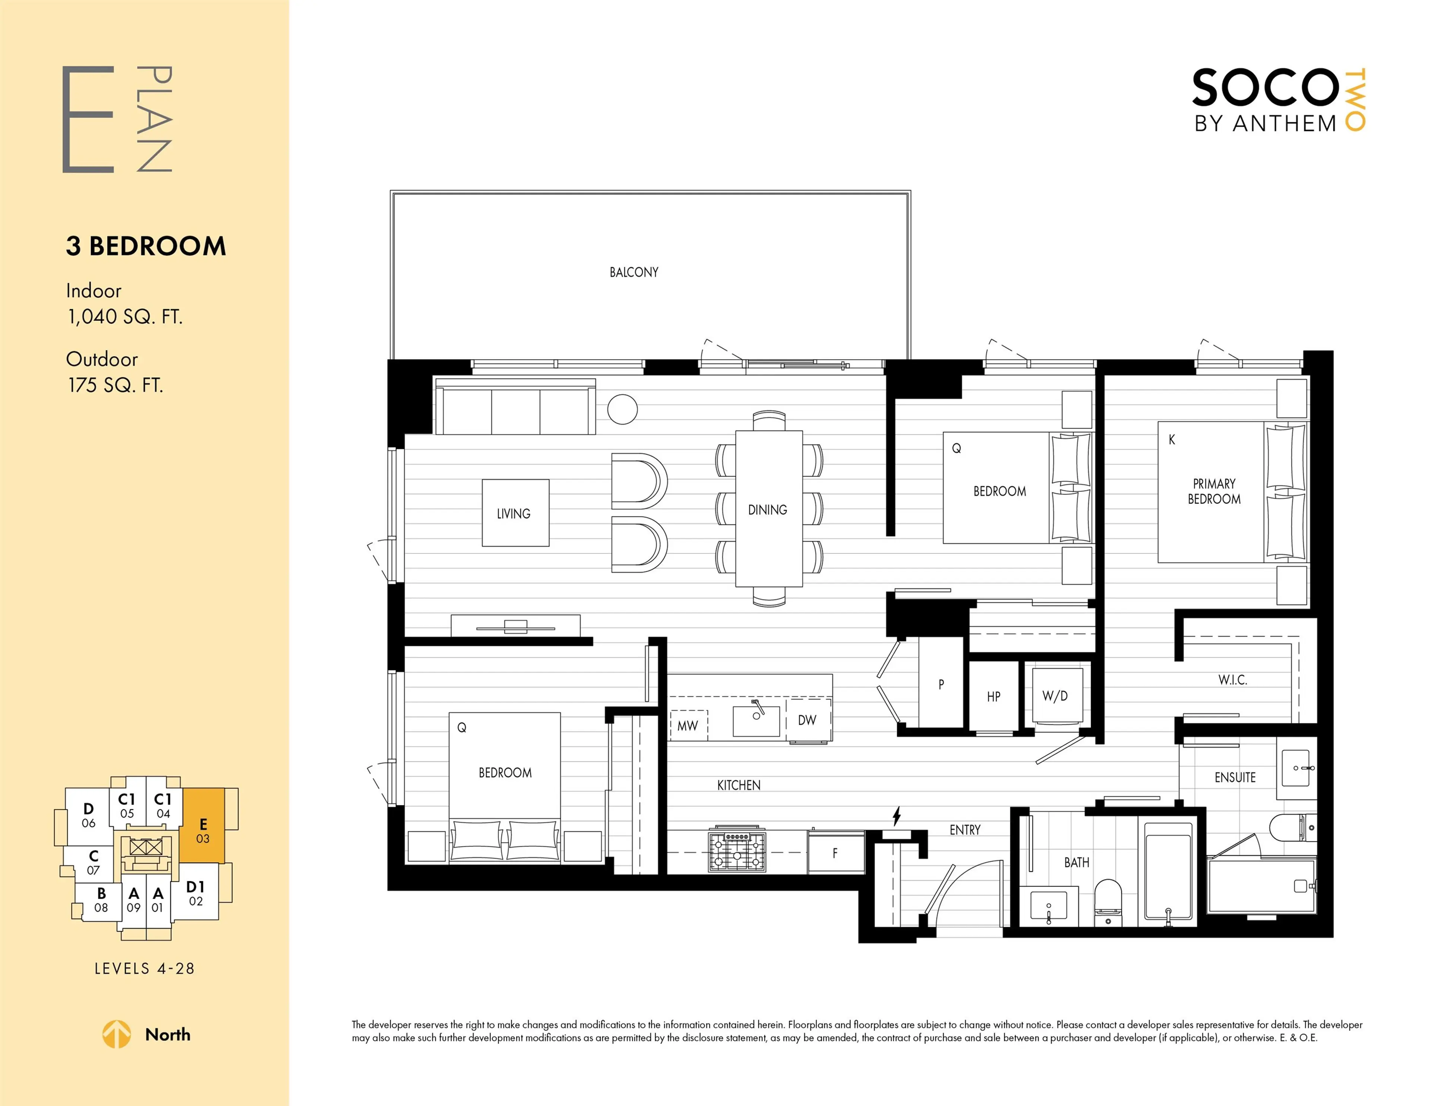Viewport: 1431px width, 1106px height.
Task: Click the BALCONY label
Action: [x=634, y=272]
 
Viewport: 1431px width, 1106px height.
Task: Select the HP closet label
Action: [x=993, y=696]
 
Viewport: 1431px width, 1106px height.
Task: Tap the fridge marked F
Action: [x=835, y=853]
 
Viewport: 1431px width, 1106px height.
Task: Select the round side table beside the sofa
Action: [x=622, y=410]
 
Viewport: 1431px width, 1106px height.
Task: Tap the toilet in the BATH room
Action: [x=1108, y=901]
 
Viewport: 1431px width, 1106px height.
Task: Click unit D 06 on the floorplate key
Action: [x=88, y=815]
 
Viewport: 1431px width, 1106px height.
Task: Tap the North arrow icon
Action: [x=117, y=1034]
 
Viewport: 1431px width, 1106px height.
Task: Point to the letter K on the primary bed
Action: [x=1172, y=440]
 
